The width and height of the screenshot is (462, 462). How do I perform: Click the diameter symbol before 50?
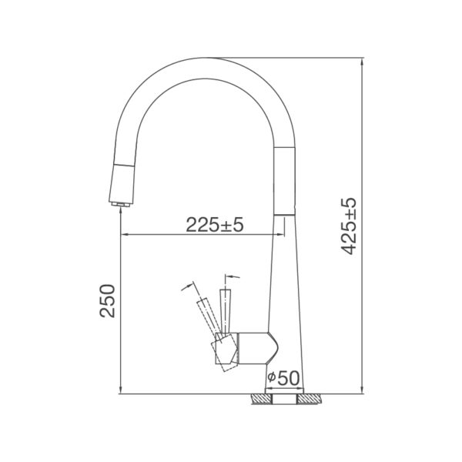272,378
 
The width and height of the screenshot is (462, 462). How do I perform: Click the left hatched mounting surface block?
261,400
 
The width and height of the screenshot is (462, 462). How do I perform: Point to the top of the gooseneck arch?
208,59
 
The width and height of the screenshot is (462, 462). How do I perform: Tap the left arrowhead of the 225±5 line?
125,235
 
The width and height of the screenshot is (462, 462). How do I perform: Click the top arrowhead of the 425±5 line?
363,62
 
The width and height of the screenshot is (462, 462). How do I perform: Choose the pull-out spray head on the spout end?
122,181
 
